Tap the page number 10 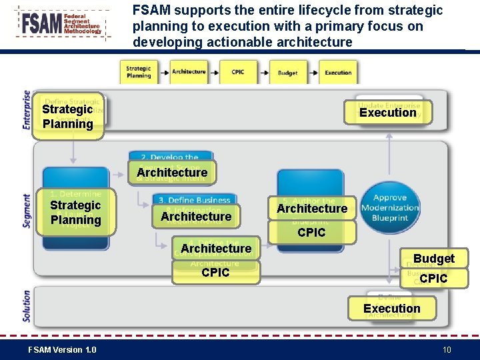(x=447, y=350)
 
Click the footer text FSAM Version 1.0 (x=62, y=350)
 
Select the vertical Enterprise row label (x=27, y=109)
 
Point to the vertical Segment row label (x=27, y=211)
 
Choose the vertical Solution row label (x=27, y=306)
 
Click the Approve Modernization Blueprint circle (x=390, y=207)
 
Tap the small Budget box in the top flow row (x=287, y=73)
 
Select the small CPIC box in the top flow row (x=238, y=72)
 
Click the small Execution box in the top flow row (x=338, y=73)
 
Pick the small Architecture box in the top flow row (x=189, y=72)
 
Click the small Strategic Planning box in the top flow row (x=139, y=72)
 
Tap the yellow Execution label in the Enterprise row (x=387, y=113)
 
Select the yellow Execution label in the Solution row (x=391, y=309)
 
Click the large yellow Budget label (x=433, y=259)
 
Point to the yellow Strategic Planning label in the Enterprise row (x=67, y=117)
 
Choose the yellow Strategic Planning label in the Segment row (x=75, y=213)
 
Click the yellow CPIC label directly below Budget (x=433, y=279)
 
